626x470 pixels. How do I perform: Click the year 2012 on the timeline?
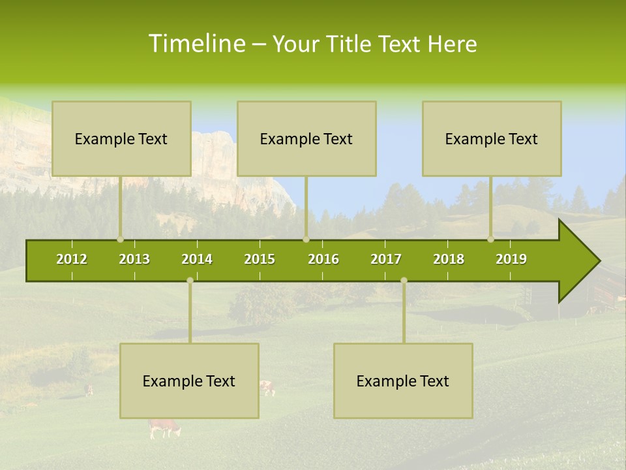(72, 259)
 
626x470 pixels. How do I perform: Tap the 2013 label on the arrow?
(134, 259)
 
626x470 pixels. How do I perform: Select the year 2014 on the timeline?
(197, 259)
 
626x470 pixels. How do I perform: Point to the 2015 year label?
(260, 259)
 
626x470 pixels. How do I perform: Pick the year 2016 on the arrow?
(323, 259)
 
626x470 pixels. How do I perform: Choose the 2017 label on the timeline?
(386, 259)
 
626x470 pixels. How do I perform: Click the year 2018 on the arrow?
(449, 259)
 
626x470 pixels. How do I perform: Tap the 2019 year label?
(511, 259)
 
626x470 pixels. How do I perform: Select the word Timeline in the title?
(196, 44)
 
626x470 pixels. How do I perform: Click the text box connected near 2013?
(121, 138)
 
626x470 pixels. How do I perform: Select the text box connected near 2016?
(306, 138)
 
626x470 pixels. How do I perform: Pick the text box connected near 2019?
(492, 138)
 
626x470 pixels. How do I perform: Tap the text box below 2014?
(189, 381)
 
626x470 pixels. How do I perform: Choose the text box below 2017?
(403, 381)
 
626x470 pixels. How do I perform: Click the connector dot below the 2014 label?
(190, 280)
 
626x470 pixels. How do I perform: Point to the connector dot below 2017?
(404, 280)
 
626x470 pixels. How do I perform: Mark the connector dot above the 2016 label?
(306, 239)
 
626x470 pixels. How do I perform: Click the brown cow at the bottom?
(164, 428)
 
